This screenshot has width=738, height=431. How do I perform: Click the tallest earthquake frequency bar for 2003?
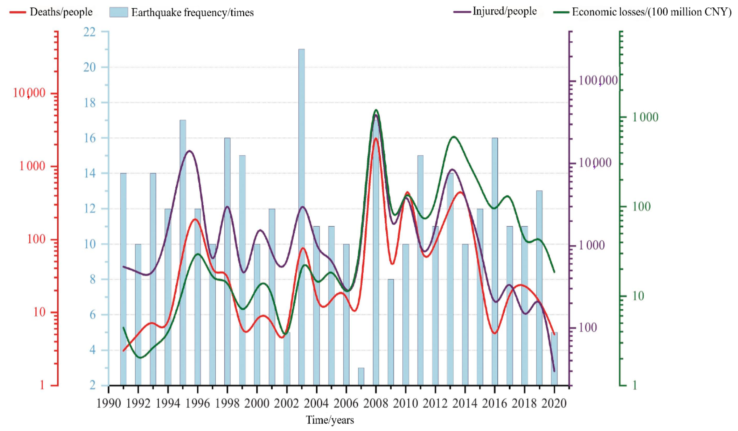tap(301, 217)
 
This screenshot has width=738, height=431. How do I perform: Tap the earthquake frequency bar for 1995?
tap(183, 252)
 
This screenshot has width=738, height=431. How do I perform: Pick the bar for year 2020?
tap(554, 359)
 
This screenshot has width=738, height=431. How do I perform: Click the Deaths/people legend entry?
tap(51, 12)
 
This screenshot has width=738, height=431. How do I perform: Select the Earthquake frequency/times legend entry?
tap(182, 12)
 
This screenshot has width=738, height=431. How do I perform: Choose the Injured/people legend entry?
tap(495, 11)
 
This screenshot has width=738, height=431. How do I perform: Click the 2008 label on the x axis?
tap(376, 403)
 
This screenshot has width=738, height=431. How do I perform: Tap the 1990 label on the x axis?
tap(109, 403)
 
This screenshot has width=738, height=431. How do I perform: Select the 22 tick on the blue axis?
tap(90, 32)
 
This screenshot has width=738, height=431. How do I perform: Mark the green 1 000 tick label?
tap(645, 117)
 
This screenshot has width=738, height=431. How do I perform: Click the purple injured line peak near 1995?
tap(190, 151)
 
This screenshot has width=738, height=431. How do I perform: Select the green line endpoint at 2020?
tap(554, 272)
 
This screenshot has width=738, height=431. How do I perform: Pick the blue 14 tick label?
tap(90, 173)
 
